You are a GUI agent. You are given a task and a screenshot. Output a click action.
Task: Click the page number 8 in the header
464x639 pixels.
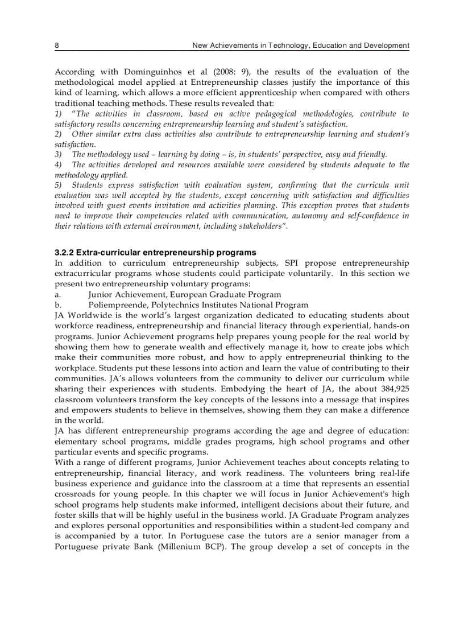(x=57, y=45)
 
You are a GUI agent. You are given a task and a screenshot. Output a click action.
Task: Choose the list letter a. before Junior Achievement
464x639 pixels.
(x=57, y=294)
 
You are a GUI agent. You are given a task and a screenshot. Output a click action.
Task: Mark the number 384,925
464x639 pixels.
(x=392, y=389)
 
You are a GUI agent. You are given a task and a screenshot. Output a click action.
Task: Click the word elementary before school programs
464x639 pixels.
(x=75, y=441)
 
